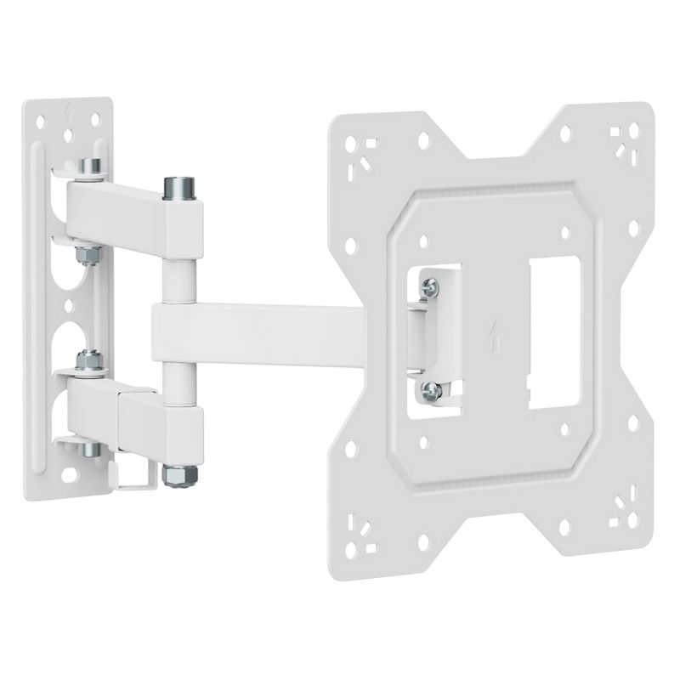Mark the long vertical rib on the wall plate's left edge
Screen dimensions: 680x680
(34, 297)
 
